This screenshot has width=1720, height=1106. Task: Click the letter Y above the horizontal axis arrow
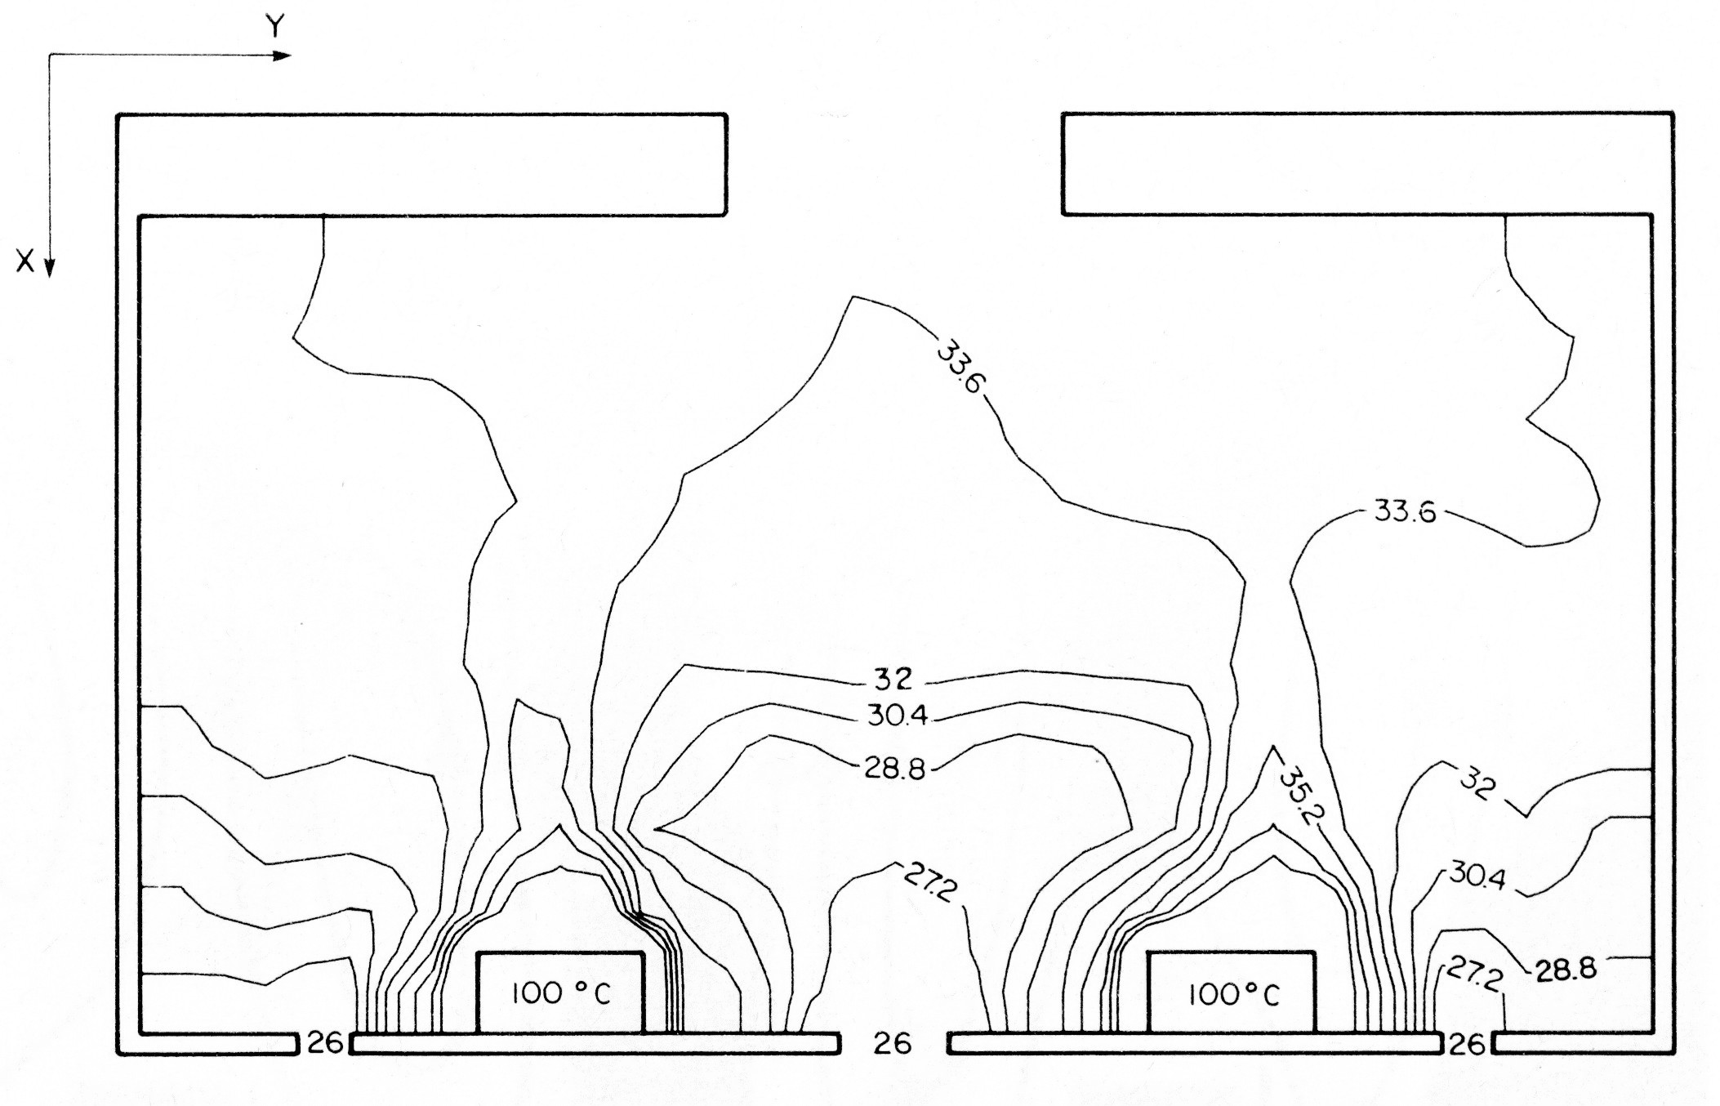click(276, 26)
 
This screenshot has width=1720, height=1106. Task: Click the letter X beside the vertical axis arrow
click(25, 261)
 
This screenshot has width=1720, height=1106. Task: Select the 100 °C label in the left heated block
click(561, 993)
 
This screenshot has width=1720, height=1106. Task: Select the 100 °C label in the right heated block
click(1233, 994)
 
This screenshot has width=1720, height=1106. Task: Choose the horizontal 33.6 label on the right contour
click(1405, 511)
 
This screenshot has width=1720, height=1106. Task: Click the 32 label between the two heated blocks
click(893, 680)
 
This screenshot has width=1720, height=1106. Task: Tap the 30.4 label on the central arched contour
click(897, 716)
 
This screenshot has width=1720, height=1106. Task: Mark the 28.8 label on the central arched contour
click(895, 769)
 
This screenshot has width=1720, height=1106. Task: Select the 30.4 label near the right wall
click(1478, 876)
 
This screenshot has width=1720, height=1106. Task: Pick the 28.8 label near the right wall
click(1566, 970)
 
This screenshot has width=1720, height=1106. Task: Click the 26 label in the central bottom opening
click(892, 1043)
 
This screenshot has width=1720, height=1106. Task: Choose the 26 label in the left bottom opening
click(324, 1042)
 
